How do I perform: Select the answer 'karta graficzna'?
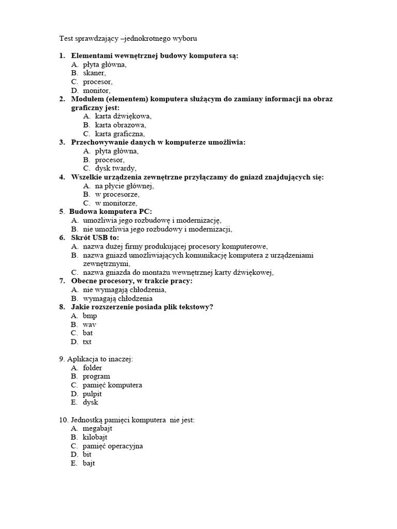tap(120, 134)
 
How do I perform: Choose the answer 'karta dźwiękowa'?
tap(123, 116)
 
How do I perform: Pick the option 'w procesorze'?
tap(117, 195)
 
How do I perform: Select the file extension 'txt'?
tap(87, 342)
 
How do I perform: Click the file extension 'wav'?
tap(89, 324)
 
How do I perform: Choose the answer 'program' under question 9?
tap(96, 377)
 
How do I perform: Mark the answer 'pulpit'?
tap(93, 394)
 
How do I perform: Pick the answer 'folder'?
tap(93, 368)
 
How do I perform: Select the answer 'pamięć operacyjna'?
tap(113, 446)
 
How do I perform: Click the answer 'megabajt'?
tap(97, 428)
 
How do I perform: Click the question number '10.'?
tap(64, 420)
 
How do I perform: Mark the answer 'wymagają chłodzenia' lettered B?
tap(117, 299)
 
